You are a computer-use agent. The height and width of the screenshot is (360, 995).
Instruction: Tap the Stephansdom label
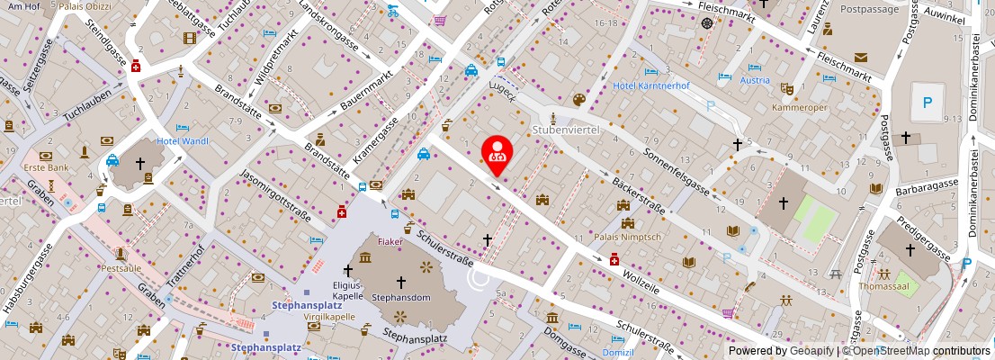click(x=401, y=296)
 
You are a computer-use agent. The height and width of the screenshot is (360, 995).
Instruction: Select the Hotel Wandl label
click(x=183, y=141)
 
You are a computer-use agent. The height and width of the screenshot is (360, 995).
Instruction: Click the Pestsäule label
click(x=121, y=268)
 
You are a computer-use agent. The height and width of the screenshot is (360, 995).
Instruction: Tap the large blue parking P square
click(x=926, y=103)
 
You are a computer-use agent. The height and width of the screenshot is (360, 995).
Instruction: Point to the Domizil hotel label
click(x=618, y=353)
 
